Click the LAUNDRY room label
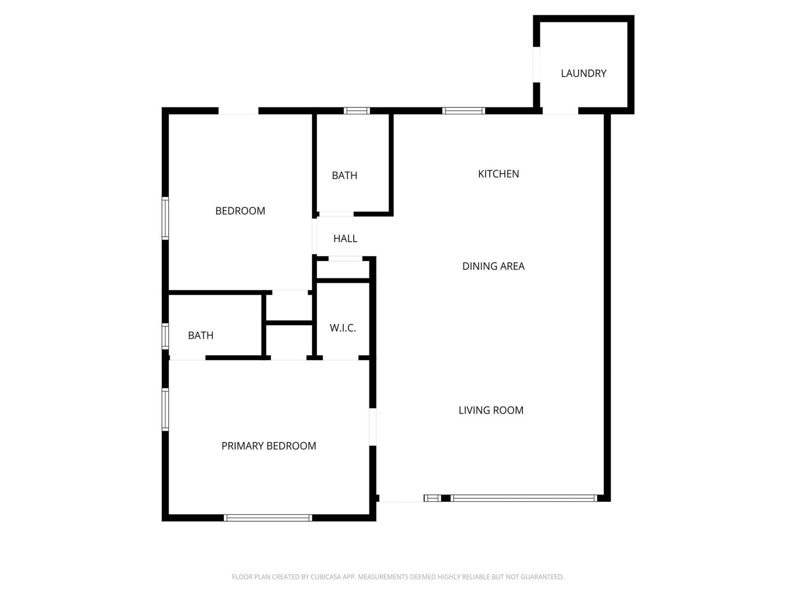583,73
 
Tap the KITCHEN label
498,174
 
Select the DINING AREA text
493,266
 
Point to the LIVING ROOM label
491,410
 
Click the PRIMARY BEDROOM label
269,446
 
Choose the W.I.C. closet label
343,328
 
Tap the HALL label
345,238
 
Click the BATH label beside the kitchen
345,175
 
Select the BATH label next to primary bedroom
201,335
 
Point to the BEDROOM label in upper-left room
240,211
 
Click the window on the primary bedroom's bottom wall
268,517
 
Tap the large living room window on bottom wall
524,498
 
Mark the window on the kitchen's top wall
464,111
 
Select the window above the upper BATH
357,111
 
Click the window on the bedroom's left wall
165,218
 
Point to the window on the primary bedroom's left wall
165,410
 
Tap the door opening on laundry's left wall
536,64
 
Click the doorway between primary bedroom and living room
373,427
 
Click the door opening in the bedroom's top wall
238,111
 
